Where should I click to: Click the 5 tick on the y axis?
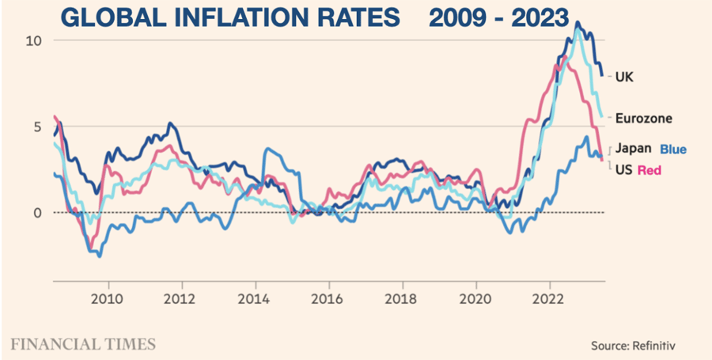(36, 127)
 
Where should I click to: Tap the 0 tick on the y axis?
(36, 212)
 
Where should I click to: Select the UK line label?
(625, 77)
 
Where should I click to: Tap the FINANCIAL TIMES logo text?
(83, 343)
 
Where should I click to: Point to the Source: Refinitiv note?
(633, 346)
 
